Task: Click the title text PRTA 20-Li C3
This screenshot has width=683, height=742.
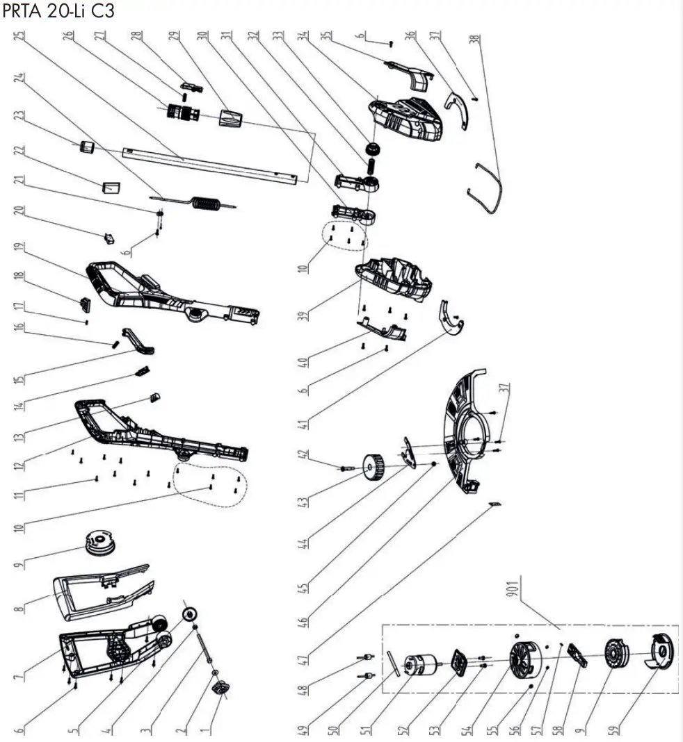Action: (58, 11)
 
